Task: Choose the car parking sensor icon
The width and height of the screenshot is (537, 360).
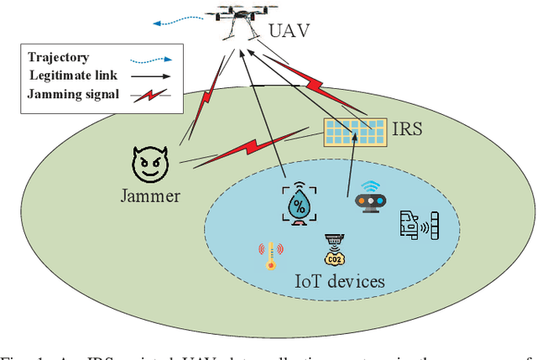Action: [420, 226]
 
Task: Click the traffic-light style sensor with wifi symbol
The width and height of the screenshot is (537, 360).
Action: [370, 198]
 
